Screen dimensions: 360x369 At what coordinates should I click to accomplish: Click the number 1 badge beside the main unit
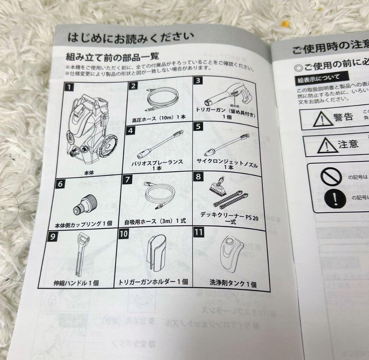pyautogui.click(x=69, y=86)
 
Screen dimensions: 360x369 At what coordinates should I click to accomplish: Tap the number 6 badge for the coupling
pyautogui.click(x=60, y=183)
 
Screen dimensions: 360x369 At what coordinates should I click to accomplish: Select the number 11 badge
pyautogui.click(x=199, y=232)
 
